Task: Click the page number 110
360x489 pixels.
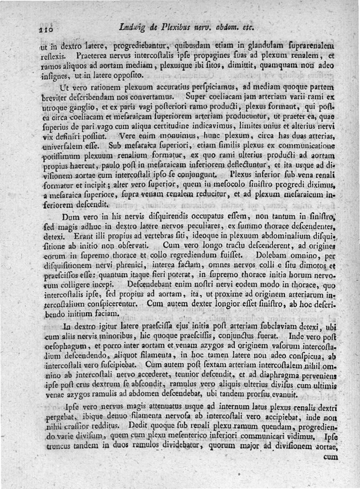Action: pyautogui.click(x=45, y=29)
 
